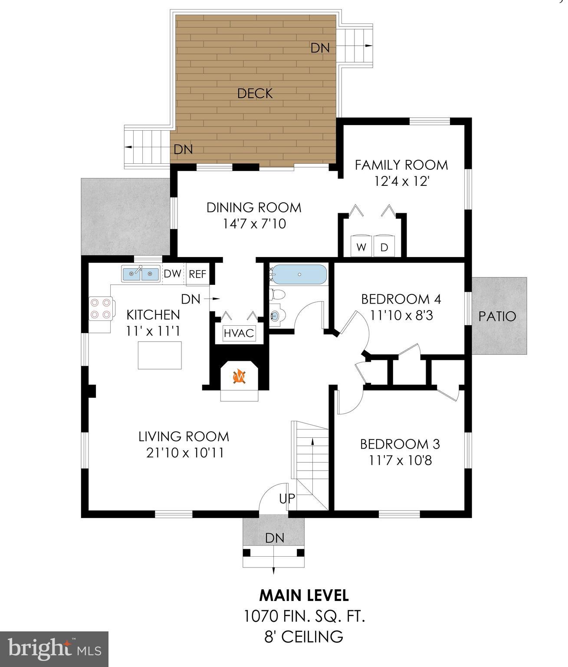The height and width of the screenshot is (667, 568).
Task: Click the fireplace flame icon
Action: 240,376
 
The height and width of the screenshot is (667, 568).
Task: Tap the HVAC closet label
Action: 238,333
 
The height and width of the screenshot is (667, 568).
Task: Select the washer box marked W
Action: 361,247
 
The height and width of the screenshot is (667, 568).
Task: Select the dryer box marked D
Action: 384,247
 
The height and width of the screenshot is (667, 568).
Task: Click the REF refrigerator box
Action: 197,274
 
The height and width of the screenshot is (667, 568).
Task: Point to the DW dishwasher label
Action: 172,274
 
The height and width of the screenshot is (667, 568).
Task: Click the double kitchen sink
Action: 140,274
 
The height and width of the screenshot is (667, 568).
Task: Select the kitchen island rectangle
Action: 160,355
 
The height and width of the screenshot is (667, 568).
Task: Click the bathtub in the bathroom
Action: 299,275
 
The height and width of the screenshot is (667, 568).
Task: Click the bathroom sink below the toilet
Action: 276,316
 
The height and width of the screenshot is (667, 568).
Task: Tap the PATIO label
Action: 497,316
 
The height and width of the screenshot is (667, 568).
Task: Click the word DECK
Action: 255,93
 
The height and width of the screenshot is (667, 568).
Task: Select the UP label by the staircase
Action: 287,499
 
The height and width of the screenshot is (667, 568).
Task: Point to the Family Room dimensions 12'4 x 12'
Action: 401,181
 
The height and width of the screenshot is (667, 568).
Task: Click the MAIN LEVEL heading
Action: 304,595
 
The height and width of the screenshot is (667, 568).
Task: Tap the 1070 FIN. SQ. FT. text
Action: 304,616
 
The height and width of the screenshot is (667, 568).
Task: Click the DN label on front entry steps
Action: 275,538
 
